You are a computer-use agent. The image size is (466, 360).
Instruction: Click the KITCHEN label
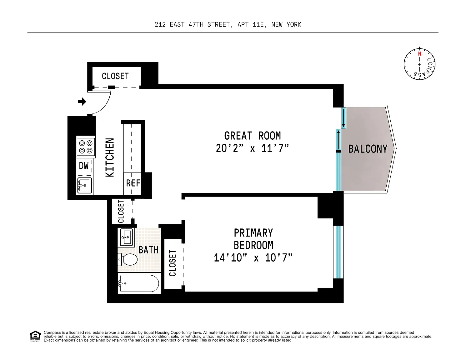[110, 157]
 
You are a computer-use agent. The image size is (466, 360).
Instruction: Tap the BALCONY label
[368, 149]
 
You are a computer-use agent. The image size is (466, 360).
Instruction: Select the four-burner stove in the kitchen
[86, 147]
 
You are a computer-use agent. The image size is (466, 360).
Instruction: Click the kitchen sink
[85, 185]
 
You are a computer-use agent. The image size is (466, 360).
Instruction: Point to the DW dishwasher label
[84, 166]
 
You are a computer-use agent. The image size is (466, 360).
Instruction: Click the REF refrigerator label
[133, 183]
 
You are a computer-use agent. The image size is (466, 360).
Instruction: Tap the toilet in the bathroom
[128, 259]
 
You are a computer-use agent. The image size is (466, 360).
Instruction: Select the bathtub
[139, 283]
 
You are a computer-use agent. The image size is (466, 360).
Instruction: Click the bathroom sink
[126, 237]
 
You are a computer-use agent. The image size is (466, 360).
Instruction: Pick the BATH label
[148, 250]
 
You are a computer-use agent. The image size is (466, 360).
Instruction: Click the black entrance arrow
[82, 102]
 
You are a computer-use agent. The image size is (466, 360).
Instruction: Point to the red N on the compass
[419, 54]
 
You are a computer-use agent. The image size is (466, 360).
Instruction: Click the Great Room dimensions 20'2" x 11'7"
[253, 148]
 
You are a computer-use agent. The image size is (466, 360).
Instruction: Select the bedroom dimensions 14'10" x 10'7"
[253, 257]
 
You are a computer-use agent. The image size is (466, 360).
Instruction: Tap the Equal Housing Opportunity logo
[35, 336]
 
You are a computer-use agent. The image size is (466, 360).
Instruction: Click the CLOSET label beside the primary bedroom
[173, 263]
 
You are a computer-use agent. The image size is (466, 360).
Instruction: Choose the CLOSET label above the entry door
[115, 76]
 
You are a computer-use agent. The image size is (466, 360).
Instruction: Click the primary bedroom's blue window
[338, 252]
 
